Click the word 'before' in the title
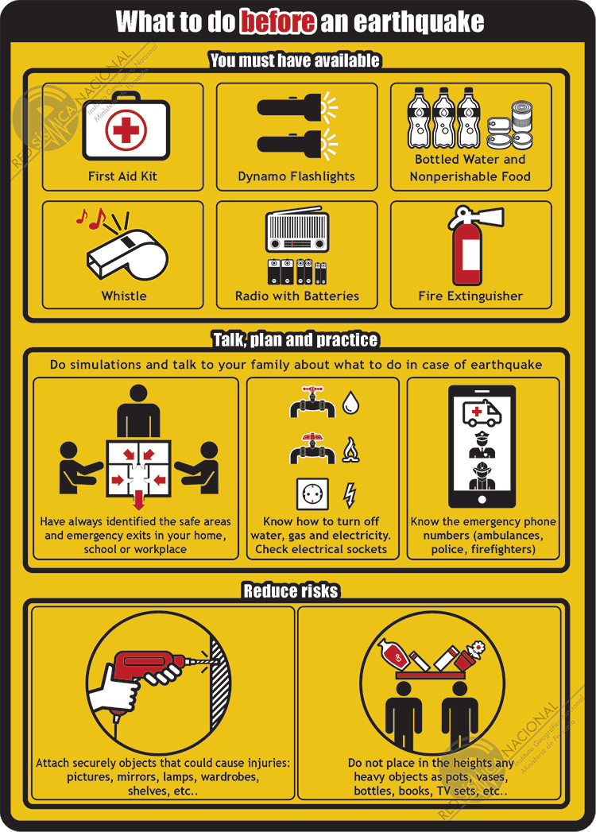(278, 21)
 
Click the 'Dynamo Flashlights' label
(296, 176)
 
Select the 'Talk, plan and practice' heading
(295, 340)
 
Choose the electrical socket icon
(311, 494)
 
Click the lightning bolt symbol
(350, 495)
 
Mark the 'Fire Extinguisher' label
(470, 296)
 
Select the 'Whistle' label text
(124, 296)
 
